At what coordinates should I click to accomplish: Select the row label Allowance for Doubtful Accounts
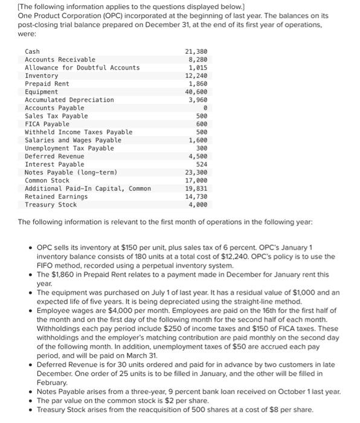(82, 67)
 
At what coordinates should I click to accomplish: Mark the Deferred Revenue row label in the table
(54, 156)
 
